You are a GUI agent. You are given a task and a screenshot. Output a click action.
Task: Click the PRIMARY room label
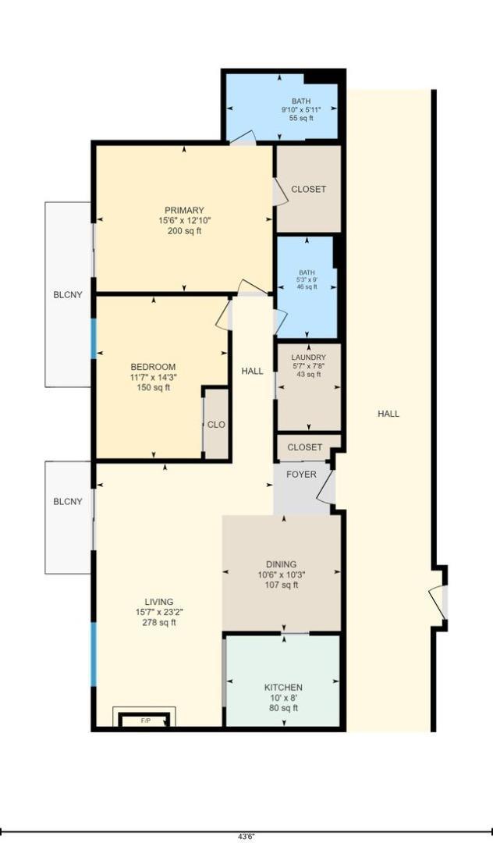[184, 210]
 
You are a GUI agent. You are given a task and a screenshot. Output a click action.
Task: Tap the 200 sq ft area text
[184, 231]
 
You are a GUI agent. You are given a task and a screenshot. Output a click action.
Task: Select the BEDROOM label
[153, 367]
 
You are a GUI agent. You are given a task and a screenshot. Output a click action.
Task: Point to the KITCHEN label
[283, 687]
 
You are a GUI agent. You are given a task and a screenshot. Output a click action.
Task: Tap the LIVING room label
[159, 602]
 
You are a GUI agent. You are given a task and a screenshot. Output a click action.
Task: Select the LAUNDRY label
[309, 357]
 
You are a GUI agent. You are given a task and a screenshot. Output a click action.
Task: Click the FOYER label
[300, 475]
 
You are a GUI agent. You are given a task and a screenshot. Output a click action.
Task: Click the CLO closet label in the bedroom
[216, 425]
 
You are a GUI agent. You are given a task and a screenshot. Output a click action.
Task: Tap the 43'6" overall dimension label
[247, 836]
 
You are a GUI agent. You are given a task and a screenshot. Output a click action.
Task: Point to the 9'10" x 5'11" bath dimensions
[300, 110]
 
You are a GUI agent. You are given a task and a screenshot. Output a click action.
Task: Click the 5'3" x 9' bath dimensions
[306, 280]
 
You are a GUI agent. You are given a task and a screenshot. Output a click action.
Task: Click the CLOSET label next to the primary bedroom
[308, 189]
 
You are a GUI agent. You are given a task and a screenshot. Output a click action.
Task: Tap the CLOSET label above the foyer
[304, 447]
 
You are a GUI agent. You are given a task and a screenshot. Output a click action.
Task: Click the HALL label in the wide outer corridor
[388, 414]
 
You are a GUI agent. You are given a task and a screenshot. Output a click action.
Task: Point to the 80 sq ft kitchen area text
[283, 708]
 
